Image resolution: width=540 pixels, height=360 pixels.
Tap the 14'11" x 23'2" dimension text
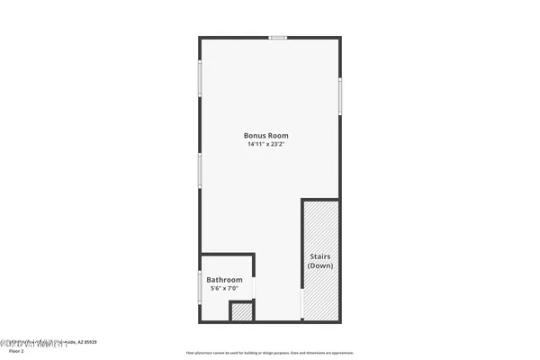[x=269, y=144]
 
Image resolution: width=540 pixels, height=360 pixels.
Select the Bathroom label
[x=225, y=280]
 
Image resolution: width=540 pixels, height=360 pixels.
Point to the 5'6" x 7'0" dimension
[x=225, y=289]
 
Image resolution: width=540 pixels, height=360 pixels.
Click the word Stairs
[x=320, y=256]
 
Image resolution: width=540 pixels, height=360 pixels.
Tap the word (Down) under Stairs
[x=320, y=266]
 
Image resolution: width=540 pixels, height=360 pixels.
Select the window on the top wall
[x=278, y=38]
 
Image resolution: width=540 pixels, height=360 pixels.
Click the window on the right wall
[x=339, y=95]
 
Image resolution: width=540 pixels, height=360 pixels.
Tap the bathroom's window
[x=200, y=287]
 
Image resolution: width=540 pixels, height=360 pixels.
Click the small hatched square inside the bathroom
[x=241, y=312]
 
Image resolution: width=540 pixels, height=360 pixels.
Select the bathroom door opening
[x=255, y=287]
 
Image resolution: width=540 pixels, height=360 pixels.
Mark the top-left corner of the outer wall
[x=201, y=38]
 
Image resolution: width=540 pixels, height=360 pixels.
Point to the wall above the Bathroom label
[x=227, y=255]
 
